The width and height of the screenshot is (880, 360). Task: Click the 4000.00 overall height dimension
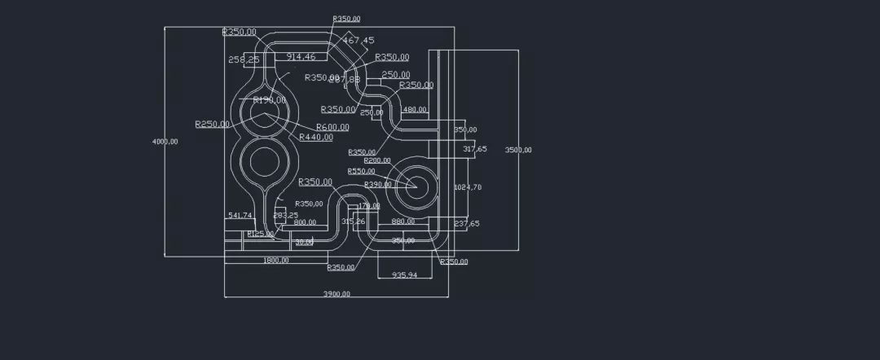pyautogui.click(x=165, y=142)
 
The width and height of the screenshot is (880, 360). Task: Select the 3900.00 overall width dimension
pyautogui.click(x=337, y=294)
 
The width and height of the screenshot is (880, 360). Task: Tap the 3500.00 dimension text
pyautogui.click(x=518, y=150)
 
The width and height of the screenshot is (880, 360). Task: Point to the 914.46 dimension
pyautogui.click(x=301, y=57)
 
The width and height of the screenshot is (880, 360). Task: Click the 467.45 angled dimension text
pyautogui.click(x=359, y=40)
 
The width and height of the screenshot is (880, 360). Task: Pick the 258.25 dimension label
pyautogui.click(x=244, y=59)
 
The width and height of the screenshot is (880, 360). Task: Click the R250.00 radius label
pyautogui.click(x=212, y=125)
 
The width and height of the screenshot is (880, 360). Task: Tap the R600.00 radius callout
pyautogui.click(x=332, y=127)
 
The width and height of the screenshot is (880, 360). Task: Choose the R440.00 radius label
pyautogui.click(x=316, y=138)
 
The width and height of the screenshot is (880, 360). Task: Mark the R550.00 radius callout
pyautogui.click(x=361, y=172)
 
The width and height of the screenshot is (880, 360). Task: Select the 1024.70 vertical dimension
pyautogui.click(x=468, y=187)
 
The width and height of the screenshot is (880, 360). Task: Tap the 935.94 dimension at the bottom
pyautogui.click(x=404, y=275)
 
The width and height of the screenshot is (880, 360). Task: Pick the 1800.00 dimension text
pyautogui.click(x=275, y=261)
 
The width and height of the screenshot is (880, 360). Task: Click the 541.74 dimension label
pyautogui.click(x=240, y=216)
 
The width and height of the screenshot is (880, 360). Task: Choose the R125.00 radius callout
pyautogui.click(x=261, y=235)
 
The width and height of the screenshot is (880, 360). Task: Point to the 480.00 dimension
pyautogui.click(x=415, y=110)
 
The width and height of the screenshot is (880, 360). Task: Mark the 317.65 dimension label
pyautogui.click(x=475, y=149)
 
